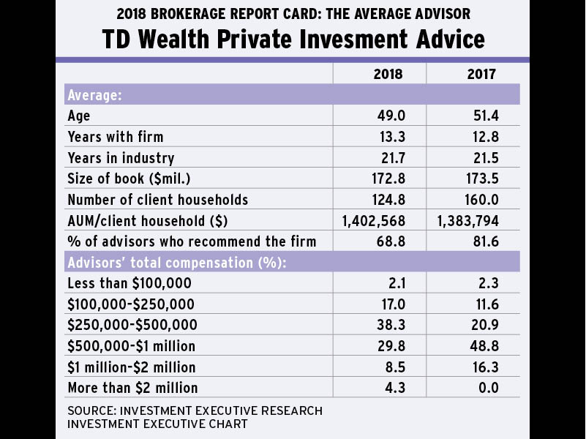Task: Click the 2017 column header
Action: click(481, 74)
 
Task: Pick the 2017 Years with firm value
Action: click(483, 137)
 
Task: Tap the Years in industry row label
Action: click(121, 158)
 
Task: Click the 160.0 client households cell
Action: click(481, 200)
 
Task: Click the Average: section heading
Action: click(95, 94)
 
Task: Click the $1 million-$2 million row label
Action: click(132, 367)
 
